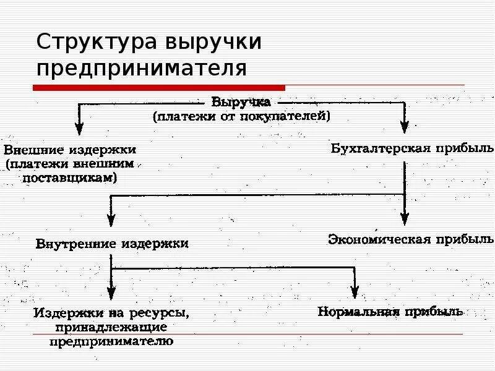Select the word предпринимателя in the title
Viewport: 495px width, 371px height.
[x=142, y=67]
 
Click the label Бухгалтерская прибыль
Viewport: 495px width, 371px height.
[x=412, y=148]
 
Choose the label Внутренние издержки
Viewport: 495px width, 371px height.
[x=112, y=244]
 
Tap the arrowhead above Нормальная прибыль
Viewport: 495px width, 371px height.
[x=355, y=292]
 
